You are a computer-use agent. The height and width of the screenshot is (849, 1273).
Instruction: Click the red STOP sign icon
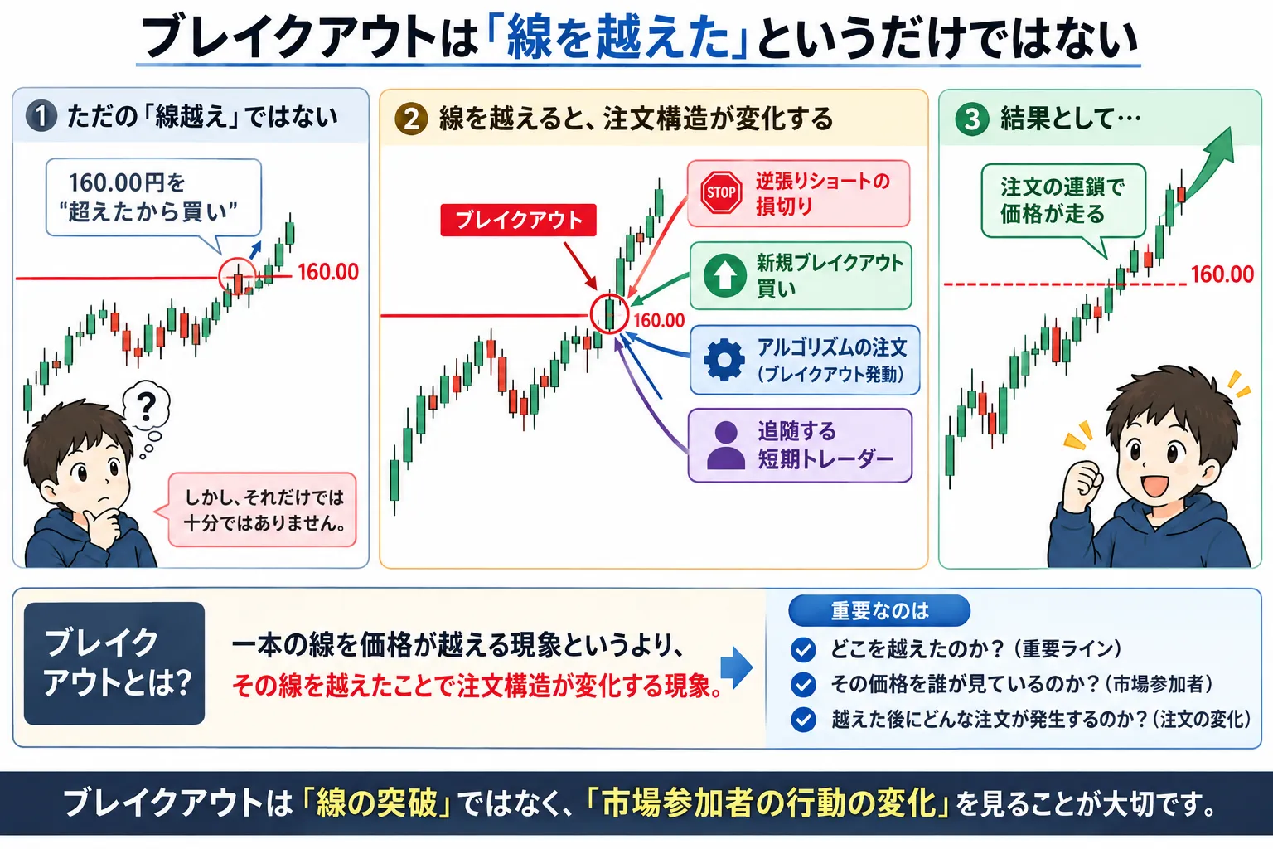[x=721, y=193]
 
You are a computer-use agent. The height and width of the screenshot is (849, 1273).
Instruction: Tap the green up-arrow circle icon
[x=724, y=275]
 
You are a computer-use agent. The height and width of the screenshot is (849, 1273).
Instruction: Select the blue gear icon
[x=724, y=360]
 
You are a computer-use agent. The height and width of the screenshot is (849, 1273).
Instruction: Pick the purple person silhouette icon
[x=726, y=445]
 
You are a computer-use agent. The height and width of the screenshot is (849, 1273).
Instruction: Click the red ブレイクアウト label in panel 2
[x=518, y=220]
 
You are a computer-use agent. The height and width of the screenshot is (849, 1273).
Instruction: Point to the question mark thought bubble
[x=146, y=405]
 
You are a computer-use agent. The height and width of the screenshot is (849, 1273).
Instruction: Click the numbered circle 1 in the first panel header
[x=41, y=116]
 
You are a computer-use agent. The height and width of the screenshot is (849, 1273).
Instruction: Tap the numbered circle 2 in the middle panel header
[x=411, y=119]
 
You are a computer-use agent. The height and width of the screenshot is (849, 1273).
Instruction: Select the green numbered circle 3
[x=972, y=119]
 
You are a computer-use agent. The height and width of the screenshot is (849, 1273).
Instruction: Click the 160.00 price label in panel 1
[x=328, y=273]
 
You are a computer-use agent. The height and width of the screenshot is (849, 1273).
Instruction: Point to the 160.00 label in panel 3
[x=1222, y=274]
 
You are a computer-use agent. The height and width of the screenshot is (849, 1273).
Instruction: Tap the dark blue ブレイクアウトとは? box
[x=114, y=663]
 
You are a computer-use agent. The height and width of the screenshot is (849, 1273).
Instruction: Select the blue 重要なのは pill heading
[x=879, y=611]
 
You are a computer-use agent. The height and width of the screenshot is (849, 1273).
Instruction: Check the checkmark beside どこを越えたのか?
[x=803, y=649]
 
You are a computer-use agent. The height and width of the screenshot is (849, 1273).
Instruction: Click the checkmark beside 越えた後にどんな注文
[x=803, y=720]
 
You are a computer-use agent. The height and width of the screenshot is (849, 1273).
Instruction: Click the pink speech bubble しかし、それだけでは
[x=261, y=510]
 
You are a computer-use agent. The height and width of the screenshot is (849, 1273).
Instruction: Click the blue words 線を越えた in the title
[x=617, y=39]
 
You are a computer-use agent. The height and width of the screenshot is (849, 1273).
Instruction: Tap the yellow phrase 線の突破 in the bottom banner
[x=376, y=803]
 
